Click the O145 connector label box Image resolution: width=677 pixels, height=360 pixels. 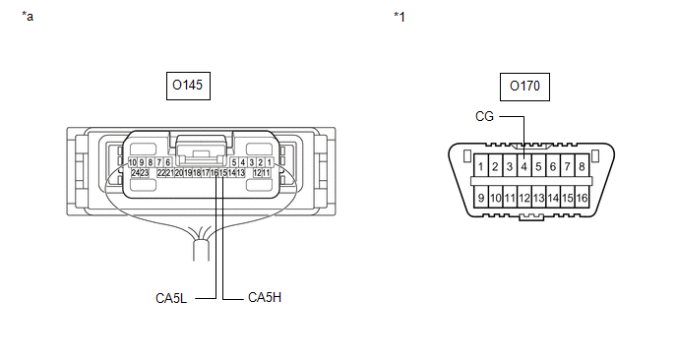(x=188, y=86)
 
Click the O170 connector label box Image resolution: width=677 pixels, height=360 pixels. (x=524, y=87)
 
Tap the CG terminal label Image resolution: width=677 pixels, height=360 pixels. (x=484, y=116)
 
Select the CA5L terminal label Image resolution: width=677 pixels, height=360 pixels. (x=171, y=298)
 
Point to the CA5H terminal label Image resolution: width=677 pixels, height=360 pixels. (x=265, y=297)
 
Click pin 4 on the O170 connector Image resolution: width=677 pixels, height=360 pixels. (x=524, y=166)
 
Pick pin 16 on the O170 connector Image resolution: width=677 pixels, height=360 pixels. (x=582, y=198)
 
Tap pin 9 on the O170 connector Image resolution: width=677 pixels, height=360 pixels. (x=481, y=198)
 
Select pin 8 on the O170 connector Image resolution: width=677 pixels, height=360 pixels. (x=582, y=166)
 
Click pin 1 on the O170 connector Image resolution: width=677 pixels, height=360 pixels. (x=481, y=166)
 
